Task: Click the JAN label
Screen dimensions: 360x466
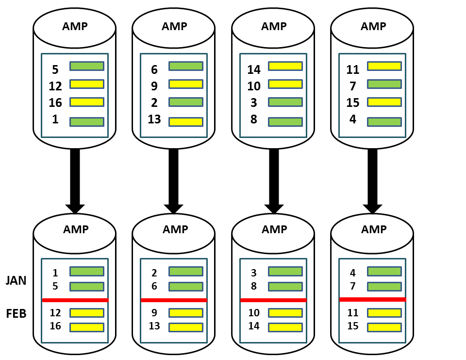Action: coord(16,281)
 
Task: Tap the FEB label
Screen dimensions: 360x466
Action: coord(16,313)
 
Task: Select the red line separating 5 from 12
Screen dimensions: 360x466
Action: coord(75,300)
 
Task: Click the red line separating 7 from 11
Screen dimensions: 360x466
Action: coord(372,299)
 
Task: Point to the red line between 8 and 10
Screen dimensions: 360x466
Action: coord(273,300)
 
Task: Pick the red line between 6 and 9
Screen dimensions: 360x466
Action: coord(174,300)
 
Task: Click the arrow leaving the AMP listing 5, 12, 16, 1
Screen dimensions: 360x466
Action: coord(75,180)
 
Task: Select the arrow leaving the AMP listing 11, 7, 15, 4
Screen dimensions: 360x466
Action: coord(372,180)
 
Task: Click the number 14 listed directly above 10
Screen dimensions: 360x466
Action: coord(254,69)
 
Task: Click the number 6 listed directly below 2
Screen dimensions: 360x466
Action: coord(154,286)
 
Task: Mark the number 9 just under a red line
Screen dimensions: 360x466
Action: coord(154,313)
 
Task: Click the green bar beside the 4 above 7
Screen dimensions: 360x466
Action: coord(384,271)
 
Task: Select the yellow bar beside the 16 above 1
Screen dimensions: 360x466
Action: coord(87,102)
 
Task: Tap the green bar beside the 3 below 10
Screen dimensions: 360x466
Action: coord(285,102)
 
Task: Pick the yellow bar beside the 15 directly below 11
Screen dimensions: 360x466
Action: coord(384,327)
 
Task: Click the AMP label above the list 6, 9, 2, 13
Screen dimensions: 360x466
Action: coord(174,26)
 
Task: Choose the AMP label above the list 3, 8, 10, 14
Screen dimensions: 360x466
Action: coord(274,229)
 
